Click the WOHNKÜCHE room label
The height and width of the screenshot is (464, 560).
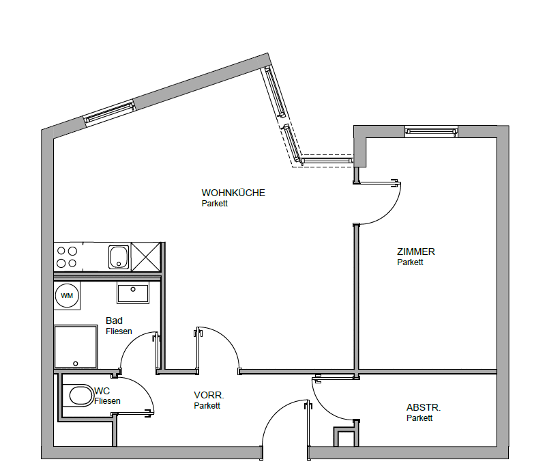[x=233, y=193]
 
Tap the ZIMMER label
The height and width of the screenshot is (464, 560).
[x=416, y=251]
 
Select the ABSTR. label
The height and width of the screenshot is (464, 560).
[x=424, y=407]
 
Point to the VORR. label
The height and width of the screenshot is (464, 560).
[x=209, y=395]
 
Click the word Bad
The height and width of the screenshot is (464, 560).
[x=114, y=320]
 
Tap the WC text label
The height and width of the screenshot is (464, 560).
[x=102, y=391]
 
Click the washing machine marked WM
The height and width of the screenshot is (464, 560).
[x=67, y=295]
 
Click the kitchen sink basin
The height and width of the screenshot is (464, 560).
[x=119, y=257]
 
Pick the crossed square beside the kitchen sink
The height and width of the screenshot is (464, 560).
[x=146, y=257]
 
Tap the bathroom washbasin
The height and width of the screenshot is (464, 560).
[x=133, y=292]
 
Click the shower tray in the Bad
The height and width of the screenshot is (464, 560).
[x=76, y=346]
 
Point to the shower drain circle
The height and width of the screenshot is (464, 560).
[x=75, y=364]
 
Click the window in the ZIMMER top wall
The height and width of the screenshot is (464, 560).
[x=432, y=132]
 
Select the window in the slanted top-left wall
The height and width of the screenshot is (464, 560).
[x=109, y=113]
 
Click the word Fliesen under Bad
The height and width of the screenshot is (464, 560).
[x=119, y=331]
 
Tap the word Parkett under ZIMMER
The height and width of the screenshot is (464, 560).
[x=410, y=262]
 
